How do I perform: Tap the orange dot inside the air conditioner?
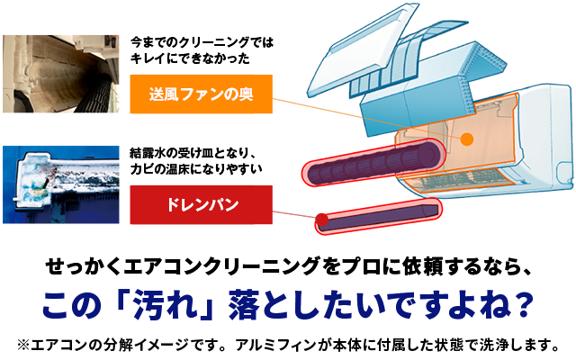[468, 139]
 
